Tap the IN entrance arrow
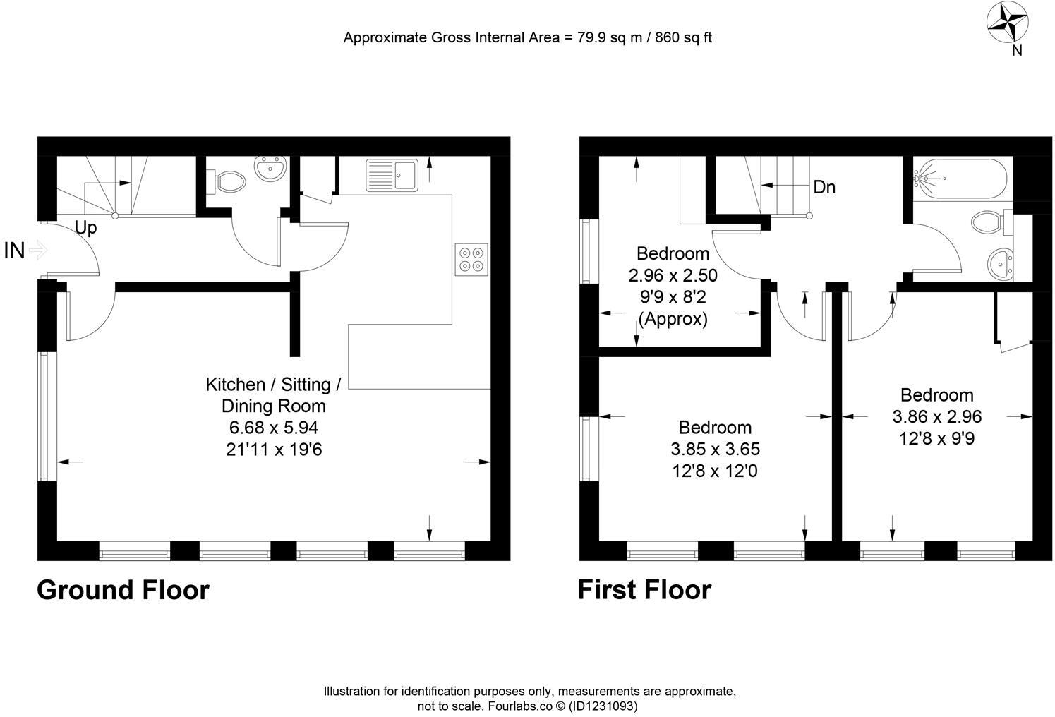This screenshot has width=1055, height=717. (x=37, y=250)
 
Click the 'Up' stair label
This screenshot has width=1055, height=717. (x=86, y=229)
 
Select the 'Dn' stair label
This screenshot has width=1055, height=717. (x=824, y=187)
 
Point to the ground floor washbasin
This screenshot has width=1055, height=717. (x=270, y=169)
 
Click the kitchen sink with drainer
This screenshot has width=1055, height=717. (x=392, y=174)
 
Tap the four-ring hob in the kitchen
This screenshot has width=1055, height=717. (x=471, y=259)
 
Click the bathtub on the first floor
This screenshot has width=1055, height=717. (x=962, y=179)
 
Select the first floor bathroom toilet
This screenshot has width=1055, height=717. (x=990, y=223)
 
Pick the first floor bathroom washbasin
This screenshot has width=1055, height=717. (x=1001, y=264)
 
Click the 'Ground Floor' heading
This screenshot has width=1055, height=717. (x=123, y=590)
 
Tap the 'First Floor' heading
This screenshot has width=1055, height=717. (x=644, y=590)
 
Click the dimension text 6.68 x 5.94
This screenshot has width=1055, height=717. (x=274, y=428)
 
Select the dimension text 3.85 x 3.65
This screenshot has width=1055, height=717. (x=715, y=450)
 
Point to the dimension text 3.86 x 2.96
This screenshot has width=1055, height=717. (x=936, y=417)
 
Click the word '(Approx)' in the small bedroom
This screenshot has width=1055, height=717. (x=673, y=319)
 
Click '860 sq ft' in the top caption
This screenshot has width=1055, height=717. (x=683, y=38)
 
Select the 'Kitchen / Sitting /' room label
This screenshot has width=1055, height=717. (x=273, y=385)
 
